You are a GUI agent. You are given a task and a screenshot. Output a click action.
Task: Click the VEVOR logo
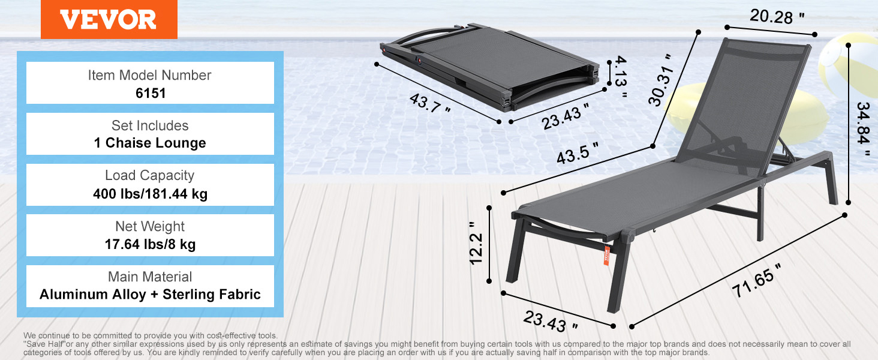click(x=109, y=19)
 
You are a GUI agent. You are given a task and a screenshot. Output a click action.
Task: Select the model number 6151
click(x=151, y=94)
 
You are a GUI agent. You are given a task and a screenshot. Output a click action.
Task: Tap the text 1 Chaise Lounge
click(x=150, y=143)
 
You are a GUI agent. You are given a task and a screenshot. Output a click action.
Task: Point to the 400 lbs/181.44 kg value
click(x=150, y=194)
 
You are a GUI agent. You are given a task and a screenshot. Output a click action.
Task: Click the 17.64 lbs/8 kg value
click(x=150, y=244)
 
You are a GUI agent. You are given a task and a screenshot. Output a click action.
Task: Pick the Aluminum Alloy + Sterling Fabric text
click(x=150, y=294)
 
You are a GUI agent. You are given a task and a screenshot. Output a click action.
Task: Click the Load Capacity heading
click(x=150, y=175)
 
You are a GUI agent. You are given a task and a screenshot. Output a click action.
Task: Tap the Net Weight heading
click(x=150, y=226)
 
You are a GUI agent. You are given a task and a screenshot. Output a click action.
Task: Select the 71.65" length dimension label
click(x=756, y=281)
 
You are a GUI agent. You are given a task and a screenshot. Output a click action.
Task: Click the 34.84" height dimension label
click(x=863, y=128)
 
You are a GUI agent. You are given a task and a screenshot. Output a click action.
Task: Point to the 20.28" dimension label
click(x=777, y=16)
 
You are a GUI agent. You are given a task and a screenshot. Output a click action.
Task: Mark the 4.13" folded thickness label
click(x=620, y=77)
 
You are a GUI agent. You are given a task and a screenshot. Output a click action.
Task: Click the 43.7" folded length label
click(x=429, y=103)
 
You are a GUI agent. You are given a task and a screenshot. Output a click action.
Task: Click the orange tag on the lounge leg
click(x=606, y=255)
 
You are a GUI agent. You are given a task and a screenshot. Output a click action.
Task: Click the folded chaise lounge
click(x=490, y=67)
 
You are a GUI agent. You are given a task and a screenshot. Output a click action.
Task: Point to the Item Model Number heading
click(x=149, y=75)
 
